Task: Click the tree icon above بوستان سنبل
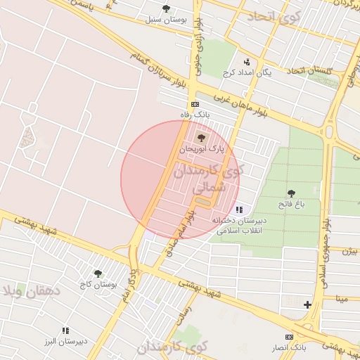(x=166, y=8)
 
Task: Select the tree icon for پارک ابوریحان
(x=202, y=138)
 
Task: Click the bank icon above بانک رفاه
(x=195, y=103)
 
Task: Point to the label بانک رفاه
(x=195, y=114)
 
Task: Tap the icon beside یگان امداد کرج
(x=246, y=62)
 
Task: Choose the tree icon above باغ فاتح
(x=291, y=193)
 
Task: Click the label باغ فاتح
(x=291, y=204)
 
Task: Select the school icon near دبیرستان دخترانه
(x=240, y=210)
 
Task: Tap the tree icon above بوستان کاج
(x=98, y=274)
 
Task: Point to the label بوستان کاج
(x=97, y=284)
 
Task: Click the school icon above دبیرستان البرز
(x=65, y=330)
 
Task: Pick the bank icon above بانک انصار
(x=288, y=337)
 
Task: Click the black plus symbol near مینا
(x=307, y=304)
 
